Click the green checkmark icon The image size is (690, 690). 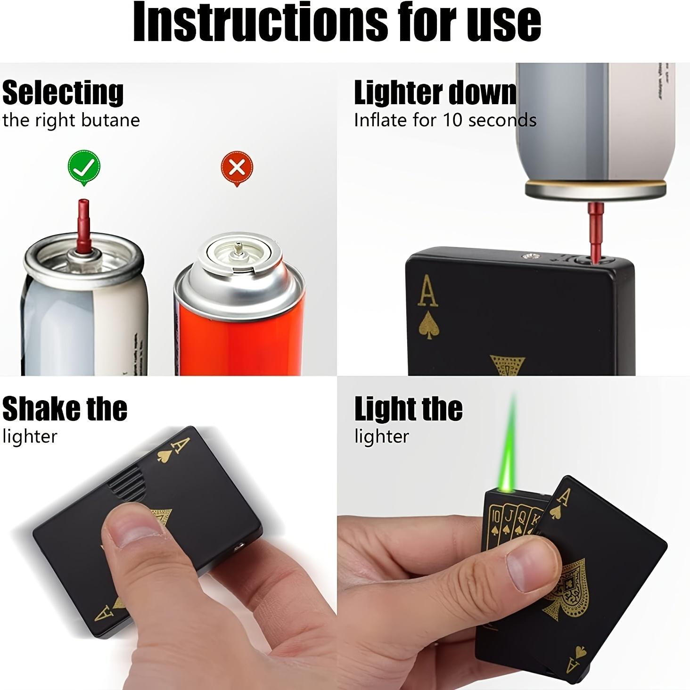84,167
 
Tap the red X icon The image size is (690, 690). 237,167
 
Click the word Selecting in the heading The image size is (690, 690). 63,93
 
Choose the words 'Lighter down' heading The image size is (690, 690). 435,93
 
